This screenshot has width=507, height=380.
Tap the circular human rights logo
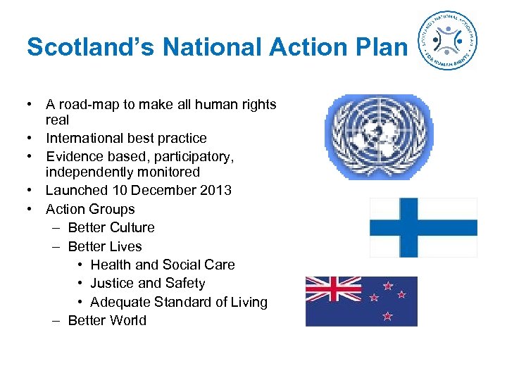[x=446, y=41]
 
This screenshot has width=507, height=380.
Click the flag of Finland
[x=424, y=227]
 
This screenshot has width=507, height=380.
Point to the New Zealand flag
[x=361, y=301]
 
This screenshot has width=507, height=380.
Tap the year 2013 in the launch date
[x=216, y=191]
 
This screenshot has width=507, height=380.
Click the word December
[x=163, y=191]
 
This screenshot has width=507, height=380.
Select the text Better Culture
[x=111, y=227]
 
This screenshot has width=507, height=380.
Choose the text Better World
[x=107, y=320]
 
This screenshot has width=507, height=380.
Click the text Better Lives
[x=104, y=246]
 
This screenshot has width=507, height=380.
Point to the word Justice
[x=112, y=283]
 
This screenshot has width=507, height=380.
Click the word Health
[x=111, y=265]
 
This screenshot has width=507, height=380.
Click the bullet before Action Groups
[x=31, y=209]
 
